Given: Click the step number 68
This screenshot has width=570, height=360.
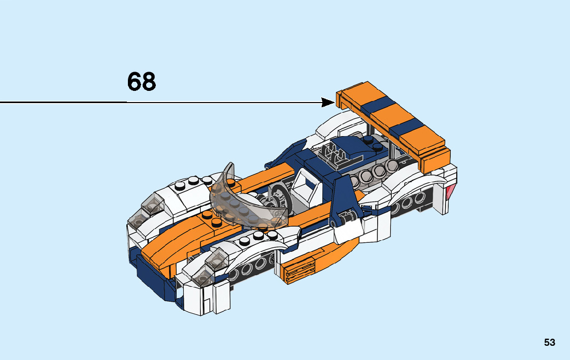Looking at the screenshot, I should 142,81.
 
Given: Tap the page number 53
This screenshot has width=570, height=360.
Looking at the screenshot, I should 550,342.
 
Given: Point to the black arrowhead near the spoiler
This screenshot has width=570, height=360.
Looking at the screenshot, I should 328,103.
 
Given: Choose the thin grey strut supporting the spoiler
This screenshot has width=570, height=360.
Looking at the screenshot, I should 393,147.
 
